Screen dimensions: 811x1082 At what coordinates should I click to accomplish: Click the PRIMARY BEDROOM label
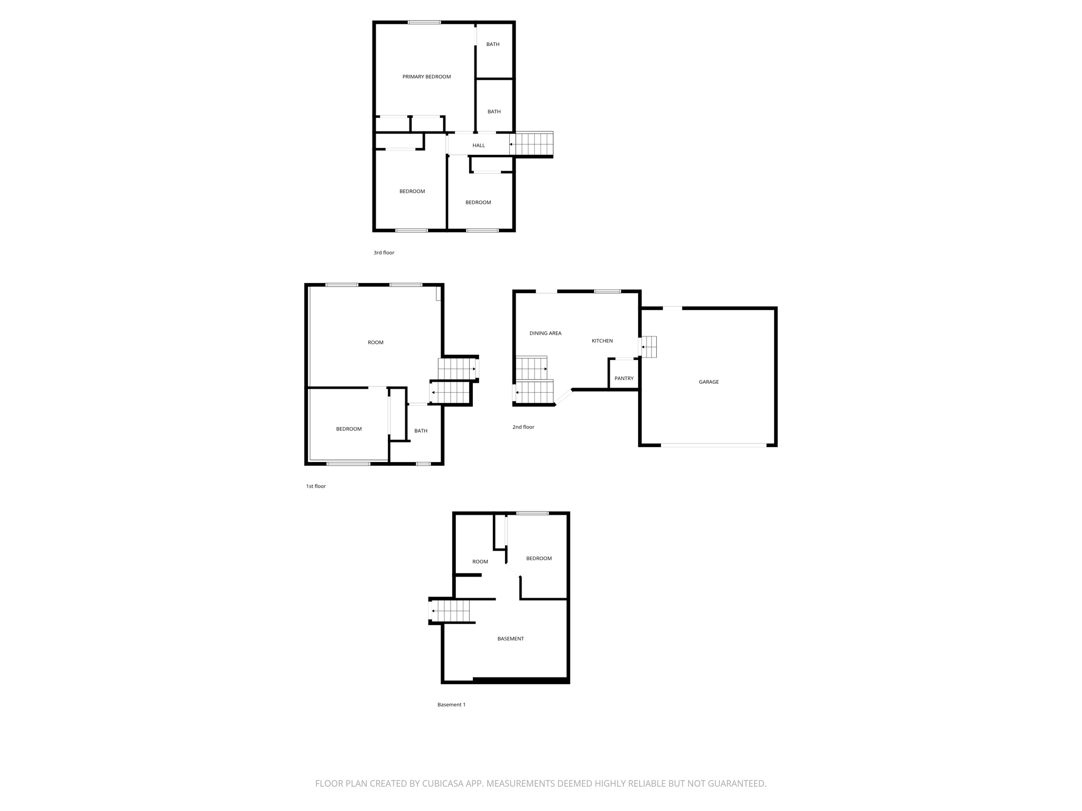426,77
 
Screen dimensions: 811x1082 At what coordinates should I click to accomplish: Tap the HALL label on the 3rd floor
479,146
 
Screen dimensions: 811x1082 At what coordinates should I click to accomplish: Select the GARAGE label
708,382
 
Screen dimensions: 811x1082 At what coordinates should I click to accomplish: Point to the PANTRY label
624,379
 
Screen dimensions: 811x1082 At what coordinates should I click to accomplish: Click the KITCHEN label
602,341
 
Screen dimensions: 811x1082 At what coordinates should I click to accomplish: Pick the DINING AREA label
545,334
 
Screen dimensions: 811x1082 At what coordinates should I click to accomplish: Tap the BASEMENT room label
510,639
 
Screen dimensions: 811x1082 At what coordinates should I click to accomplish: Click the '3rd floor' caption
384,253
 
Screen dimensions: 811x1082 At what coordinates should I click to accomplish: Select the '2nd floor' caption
523,427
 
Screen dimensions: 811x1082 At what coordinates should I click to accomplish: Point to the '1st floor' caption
316,486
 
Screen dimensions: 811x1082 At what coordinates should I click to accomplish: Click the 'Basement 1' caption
451,705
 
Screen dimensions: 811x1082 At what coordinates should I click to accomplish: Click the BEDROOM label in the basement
539,559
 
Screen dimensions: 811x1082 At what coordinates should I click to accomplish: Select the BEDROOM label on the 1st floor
349,429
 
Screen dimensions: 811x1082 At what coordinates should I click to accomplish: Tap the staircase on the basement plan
451,611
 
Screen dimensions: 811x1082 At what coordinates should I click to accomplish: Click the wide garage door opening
713,446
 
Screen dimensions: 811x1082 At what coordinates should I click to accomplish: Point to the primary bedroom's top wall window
424,22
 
